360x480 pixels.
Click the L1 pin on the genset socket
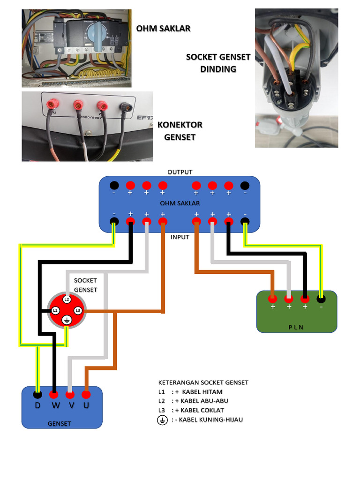coord(55,310)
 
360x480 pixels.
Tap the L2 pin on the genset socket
coord(67,299)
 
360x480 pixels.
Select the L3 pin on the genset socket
coord(78,310)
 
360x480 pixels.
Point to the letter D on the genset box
coord(37,405)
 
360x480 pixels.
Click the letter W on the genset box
coord(54,405)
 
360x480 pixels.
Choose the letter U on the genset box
coord(86,405)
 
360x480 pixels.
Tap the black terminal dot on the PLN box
coord(321,298)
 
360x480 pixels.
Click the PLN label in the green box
coord(296,327)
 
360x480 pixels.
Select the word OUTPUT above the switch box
coord(180,172)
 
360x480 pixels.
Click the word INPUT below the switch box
coord(180,237)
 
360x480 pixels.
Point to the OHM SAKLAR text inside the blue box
coord(180,203)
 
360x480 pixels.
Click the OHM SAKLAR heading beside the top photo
coord(163,29)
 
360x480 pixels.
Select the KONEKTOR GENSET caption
coord(180,131)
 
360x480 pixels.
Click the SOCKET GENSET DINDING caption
coord(218,63)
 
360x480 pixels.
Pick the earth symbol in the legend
coord(162,420)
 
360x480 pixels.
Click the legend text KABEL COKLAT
coord(205,410)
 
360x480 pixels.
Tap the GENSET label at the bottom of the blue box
coord(60,423)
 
